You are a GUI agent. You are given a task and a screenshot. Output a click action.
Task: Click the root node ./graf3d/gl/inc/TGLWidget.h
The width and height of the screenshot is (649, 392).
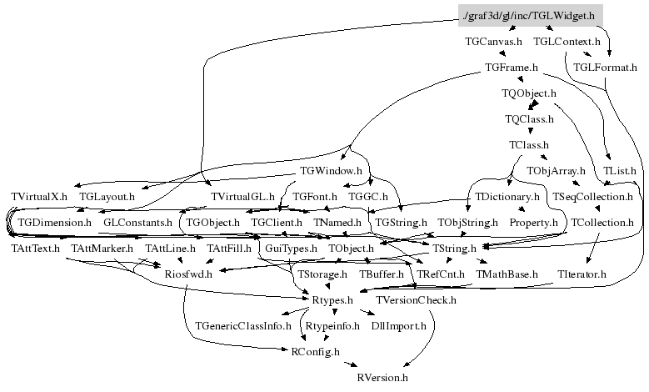pyautogui.click(x=528, y=15)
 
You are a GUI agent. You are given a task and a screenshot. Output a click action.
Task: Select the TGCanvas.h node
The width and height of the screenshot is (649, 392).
pyautogui.click(x=494, y=41)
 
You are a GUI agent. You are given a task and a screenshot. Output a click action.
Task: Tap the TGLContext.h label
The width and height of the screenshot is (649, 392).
pyautogui.click(x=567, y=41)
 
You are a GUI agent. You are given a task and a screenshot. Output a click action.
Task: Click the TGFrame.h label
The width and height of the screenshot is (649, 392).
pyautogui.click(x=511, y=67)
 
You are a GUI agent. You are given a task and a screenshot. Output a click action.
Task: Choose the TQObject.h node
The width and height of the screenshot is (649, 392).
pyautogui.click(x=529, y=93)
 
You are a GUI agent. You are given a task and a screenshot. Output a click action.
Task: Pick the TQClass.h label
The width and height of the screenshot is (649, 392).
pyautogui.click(x=529, y=119)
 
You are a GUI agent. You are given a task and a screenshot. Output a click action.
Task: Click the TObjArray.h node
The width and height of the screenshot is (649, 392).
pyautogui.click(x=556, y=171)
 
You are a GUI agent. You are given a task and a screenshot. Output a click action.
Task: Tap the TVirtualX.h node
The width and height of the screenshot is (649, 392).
pyautogui.click(x=38, y=196)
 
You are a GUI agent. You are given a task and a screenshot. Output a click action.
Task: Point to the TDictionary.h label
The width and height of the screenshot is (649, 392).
pyautogui.click(x=506, y=197)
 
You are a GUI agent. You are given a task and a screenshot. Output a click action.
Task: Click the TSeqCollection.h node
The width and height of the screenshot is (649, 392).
pyautogui.click(x=592, y=197)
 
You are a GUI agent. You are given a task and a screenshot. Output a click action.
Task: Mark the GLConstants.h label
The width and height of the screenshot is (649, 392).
pyautogui.click(x=137, y=223)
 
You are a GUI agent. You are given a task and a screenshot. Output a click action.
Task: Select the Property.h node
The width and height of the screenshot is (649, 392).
pyautogui.click(x=533, y=223)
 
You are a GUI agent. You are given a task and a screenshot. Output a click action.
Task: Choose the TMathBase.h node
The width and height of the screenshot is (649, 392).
pyautogui.click(x=507, y=274)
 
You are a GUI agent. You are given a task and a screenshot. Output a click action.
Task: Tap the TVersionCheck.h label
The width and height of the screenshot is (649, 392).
pyautogui.click(x=416, y=299)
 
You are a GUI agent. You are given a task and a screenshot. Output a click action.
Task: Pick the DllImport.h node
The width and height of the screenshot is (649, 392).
pyautogui.click(x=398, y=325)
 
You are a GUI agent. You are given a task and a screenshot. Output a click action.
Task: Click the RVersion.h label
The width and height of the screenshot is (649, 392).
pyautogui.click(x=382, y=377)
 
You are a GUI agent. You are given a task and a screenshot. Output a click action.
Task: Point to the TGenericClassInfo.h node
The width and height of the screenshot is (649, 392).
pyautogui.click(x=242, y=325)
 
